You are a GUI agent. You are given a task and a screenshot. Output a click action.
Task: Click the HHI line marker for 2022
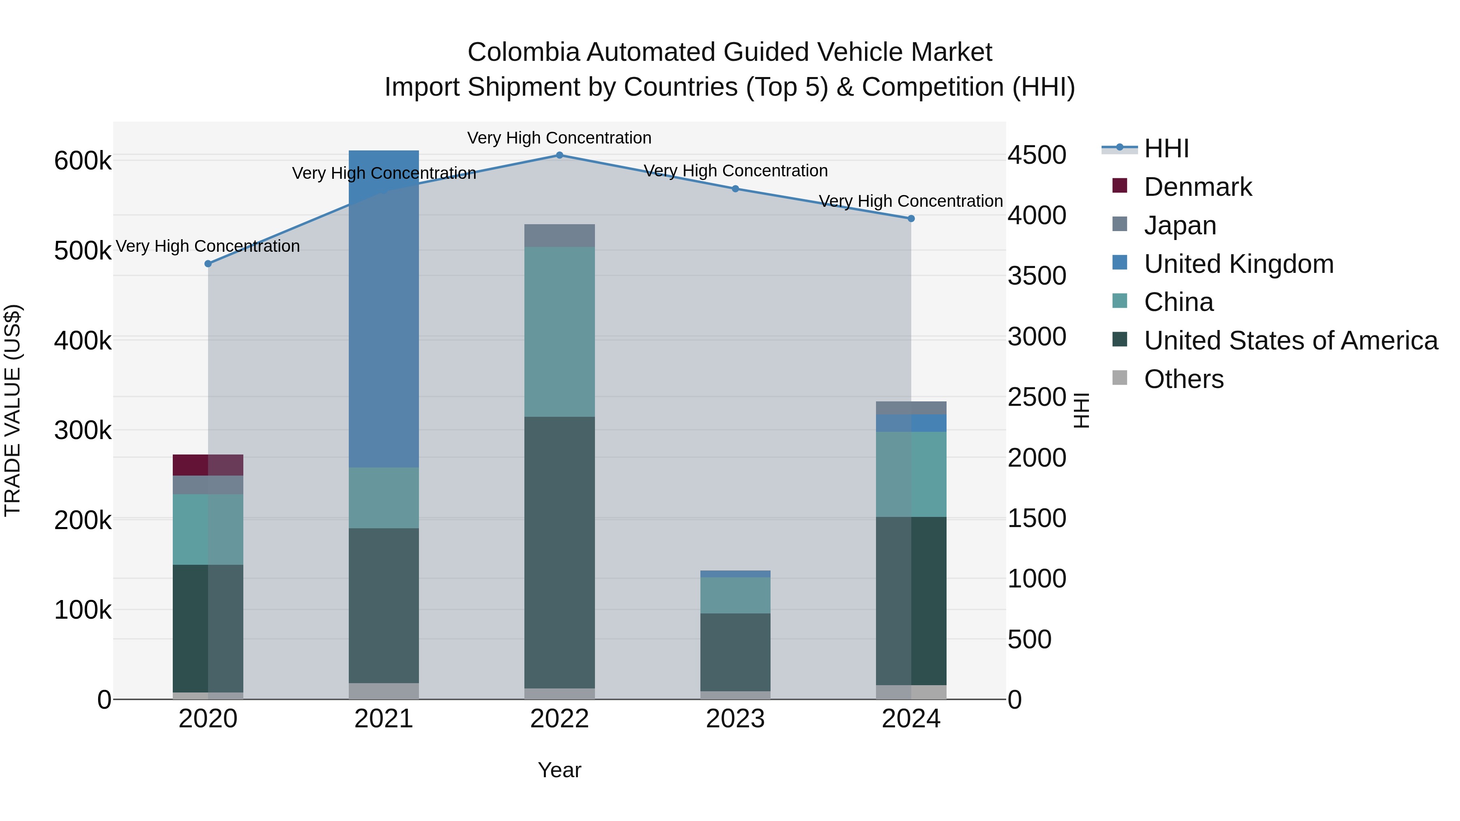coord(559,155)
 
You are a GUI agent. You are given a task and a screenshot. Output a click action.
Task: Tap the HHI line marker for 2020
coord(208,264)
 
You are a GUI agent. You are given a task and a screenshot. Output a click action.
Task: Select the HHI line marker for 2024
coord(911,219)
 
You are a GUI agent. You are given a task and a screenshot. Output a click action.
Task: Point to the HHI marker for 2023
coord(735,189)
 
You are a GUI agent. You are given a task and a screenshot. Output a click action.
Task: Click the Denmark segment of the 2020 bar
coord(208,465)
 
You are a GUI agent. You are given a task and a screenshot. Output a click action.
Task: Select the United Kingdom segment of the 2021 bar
coord(384,309)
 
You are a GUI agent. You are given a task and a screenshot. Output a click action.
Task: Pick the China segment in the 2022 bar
coord(559,332)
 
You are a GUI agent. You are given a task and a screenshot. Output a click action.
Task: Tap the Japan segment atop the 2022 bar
coord(559,236)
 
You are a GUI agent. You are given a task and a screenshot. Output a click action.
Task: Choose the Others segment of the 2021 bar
coord(384,691)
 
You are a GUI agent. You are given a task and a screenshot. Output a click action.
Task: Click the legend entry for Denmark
coord(1197,187)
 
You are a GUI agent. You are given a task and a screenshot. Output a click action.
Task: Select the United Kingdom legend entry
coord(1239,264)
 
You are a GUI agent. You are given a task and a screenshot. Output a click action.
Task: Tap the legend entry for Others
coord(1183,379)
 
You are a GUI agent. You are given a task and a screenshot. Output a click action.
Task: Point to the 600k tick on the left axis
coord(83,161)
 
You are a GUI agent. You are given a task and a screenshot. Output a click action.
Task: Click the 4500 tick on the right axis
coord(1037,155)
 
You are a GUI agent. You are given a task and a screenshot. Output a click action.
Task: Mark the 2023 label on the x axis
coord(735,719)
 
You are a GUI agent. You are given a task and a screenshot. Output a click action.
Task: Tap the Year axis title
coord(559,770)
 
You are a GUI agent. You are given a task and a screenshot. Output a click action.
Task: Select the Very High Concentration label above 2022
coord(559,138)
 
